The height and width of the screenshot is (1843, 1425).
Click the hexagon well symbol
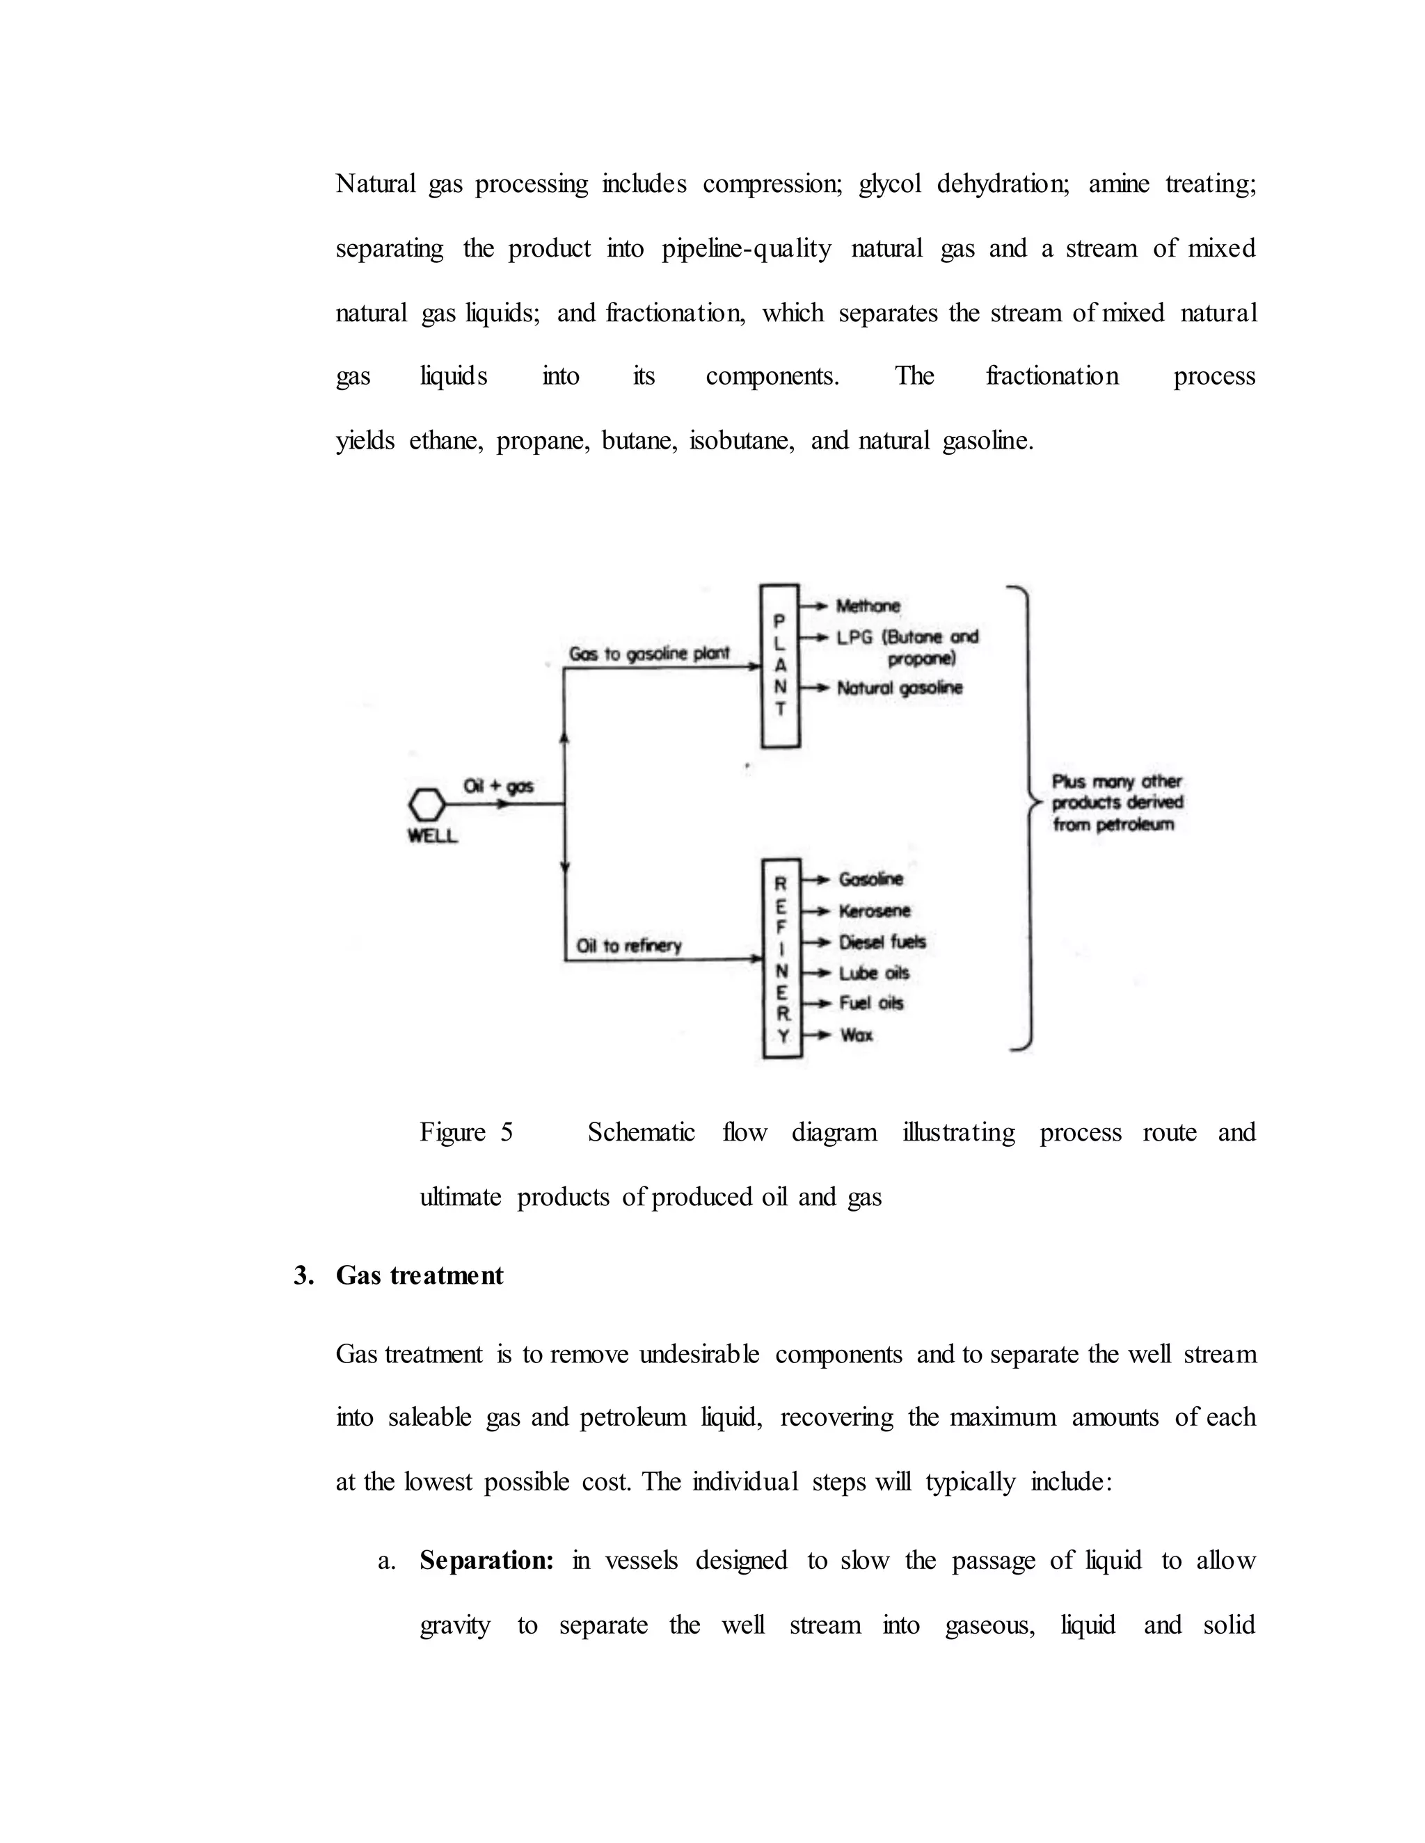pyautogui.click(x=427, y=803)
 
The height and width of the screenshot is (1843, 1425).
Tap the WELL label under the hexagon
pyautogui.click(x=432, y=836)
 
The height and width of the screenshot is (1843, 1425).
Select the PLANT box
pyautogui.click(x=780, y=666)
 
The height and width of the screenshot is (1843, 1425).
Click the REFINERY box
pyautogui.click(x=781, y=958)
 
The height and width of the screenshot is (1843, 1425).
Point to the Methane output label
pyautogui.click(x=868, y=606)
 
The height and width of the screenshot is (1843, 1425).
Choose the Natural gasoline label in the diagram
pyautogui.click(x=899, y=688)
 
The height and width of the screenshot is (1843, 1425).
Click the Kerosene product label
pyautogui.click(x=875, y=910)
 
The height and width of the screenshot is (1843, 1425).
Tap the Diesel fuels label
pyautogui.click(x=882, y=942)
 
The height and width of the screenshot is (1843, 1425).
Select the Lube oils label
pyautogui.click(x=874, y=973)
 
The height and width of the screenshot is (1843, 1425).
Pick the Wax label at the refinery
pyautogui.click(x=856, y=1035)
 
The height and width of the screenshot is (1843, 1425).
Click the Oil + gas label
pyautogui.click(x=498, y=787)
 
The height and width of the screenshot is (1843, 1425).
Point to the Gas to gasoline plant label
pyautogui.click(x=648, y=654)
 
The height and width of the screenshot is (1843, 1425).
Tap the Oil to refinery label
pyautogui.click(x=628, y=945)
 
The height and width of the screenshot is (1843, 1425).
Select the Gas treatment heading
pyautogui.click(x=419, y=1275)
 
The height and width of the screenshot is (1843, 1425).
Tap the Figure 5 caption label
pyautogui.click(x=466, y=1132)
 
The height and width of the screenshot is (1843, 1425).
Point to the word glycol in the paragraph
pyautogui.click(x=890, y=183)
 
